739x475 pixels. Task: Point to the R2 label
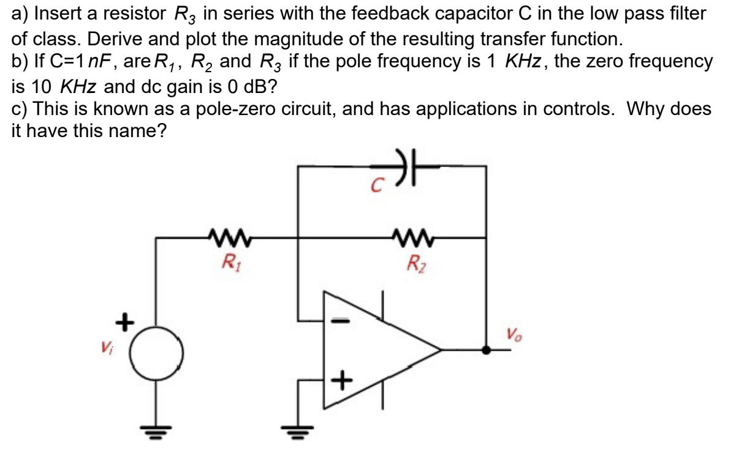pyautogui.click(x=416, y=264)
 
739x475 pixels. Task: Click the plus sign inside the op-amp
pyautogui.click(x=342, y=382)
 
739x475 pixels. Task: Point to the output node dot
pyautogui.click(x=487, y=351)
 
